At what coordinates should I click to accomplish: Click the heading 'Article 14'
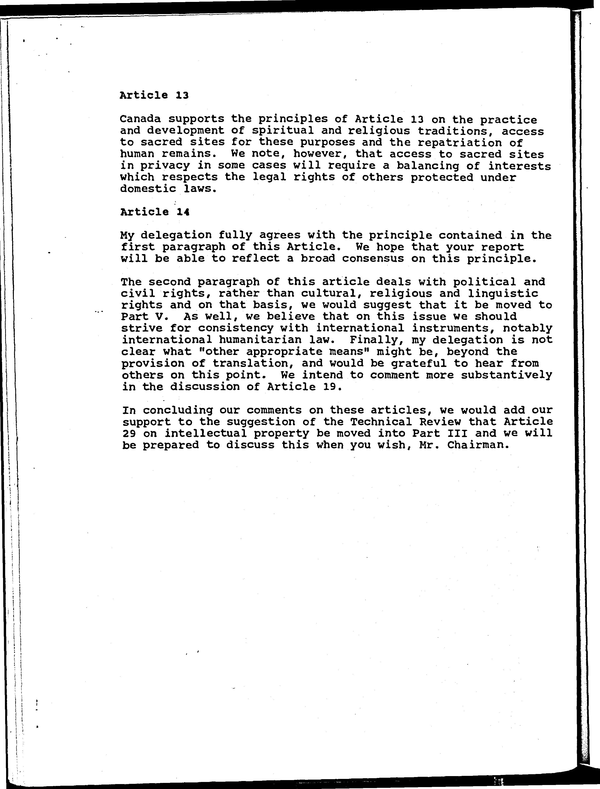[155, 212]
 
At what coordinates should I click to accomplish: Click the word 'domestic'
[148, 189]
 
